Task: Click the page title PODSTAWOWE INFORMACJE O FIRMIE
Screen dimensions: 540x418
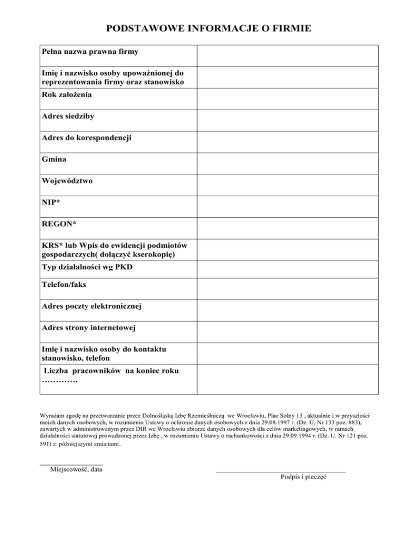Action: (x=208, y=28)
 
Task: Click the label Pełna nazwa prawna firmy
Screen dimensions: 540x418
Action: (x=90, y=52)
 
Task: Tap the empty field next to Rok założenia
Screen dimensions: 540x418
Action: (x=287, y=99)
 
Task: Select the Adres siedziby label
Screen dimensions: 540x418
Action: (x=71, y=116)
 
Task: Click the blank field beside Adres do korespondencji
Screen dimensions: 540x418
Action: (x=287, y=142)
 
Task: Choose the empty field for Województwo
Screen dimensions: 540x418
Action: (x=287, y=185)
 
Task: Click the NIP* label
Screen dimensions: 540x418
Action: (x=51, y=203)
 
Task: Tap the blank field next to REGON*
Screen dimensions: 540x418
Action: (x=287, y=228)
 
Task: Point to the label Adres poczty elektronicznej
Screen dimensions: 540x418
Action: (x=91, y=306)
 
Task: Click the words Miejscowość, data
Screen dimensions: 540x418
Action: (x=76, y=469)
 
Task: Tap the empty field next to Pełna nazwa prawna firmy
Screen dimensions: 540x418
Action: (x=287, y=56)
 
